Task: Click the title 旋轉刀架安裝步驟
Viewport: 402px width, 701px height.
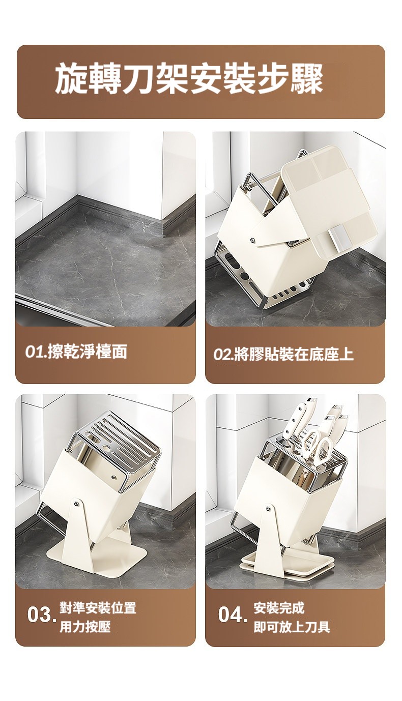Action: point(189,79)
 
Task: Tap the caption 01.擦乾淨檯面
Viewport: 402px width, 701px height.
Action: point(76,352)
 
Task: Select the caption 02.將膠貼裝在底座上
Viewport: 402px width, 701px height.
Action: point(283,354)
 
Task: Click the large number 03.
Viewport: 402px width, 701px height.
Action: point(42,615)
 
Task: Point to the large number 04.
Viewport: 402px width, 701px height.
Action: point(233,615)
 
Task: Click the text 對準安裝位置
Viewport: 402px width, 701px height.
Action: point(98,607)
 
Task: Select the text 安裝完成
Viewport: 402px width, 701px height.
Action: point(279,607)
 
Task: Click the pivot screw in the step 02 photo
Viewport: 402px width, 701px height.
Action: point(253,240)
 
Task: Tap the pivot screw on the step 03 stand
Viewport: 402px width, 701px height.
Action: point(75,504)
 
